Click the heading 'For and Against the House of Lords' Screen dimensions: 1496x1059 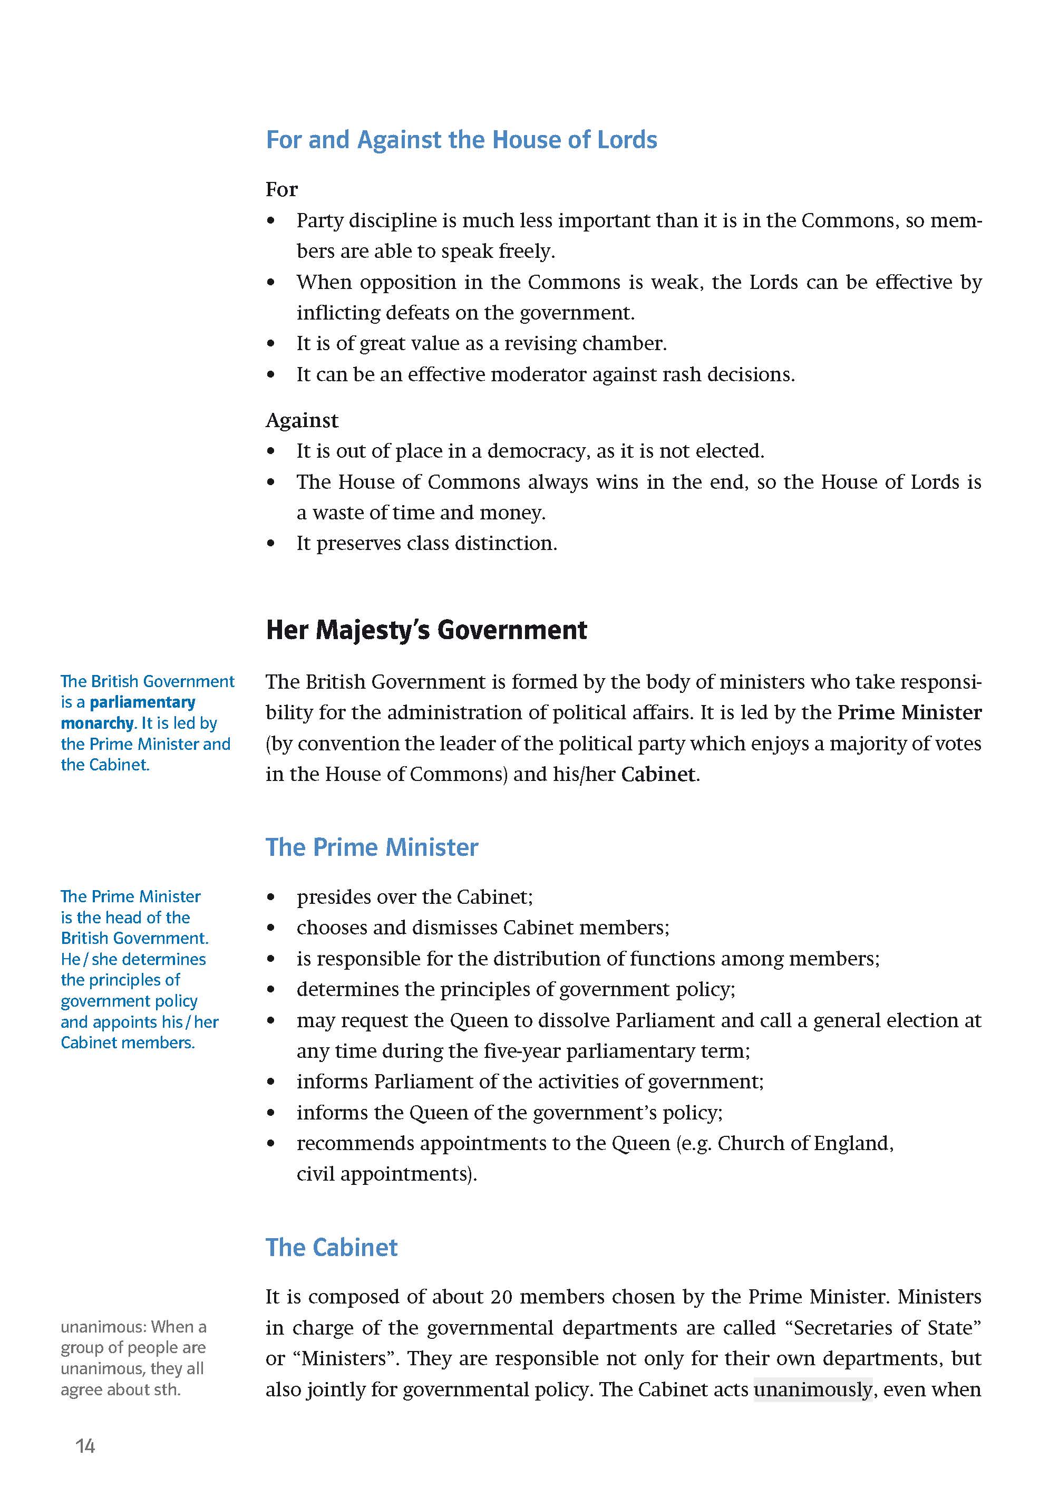(x=461, y=140)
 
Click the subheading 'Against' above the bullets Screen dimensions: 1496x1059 (x=302, y=421)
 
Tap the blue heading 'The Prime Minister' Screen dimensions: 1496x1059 (x=372, y=847)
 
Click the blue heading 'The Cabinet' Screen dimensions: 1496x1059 (x=331, y=1247)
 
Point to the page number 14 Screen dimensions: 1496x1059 (x=85, y=1446)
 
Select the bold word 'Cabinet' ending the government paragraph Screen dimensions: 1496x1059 (x=658, y=775)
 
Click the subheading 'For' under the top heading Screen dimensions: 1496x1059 (x=281, y=190)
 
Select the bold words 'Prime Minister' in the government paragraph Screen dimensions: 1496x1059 (x=909, y=713)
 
